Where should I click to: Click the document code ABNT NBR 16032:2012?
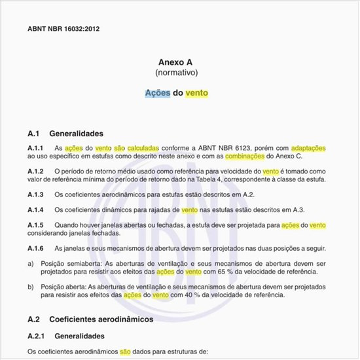[x=63, y=29]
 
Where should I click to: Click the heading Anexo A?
[x=177, y=61]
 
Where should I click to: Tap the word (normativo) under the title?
[x=177, y=72]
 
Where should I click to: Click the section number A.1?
[x=34, y=132]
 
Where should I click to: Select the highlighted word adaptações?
[x=308, y=149]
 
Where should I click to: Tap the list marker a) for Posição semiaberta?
[x=31, y=264]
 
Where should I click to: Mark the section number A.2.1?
[x=37, y=336]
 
